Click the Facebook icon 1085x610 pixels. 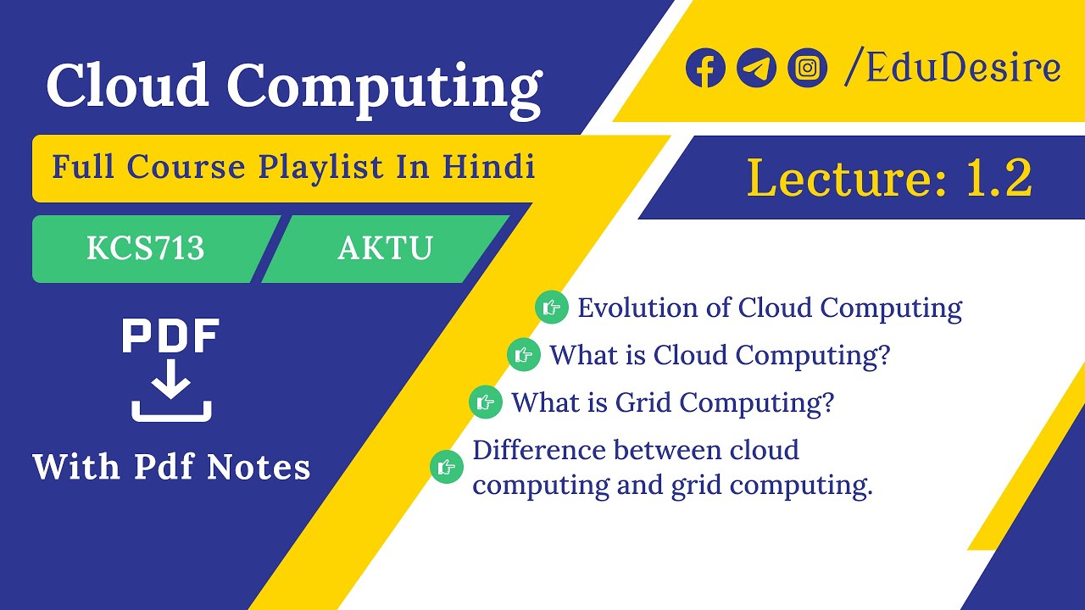[705, 68]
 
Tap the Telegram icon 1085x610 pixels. [756, 68]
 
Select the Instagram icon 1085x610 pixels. [807, 68]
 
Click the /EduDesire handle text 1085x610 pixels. [952, 68]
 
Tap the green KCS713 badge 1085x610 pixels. [146, 248]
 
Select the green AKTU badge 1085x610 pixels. [386, 248]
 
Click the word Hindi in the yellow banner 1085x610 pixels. [488, 167]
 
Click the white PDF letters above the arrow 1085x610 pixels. [171, 336]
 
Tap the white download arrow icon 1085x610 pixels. [171, 390]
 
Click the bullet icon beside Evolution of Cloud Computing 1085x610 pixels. [552, 307]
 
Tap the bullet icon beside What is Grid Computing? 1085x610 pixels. [486, 402]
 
